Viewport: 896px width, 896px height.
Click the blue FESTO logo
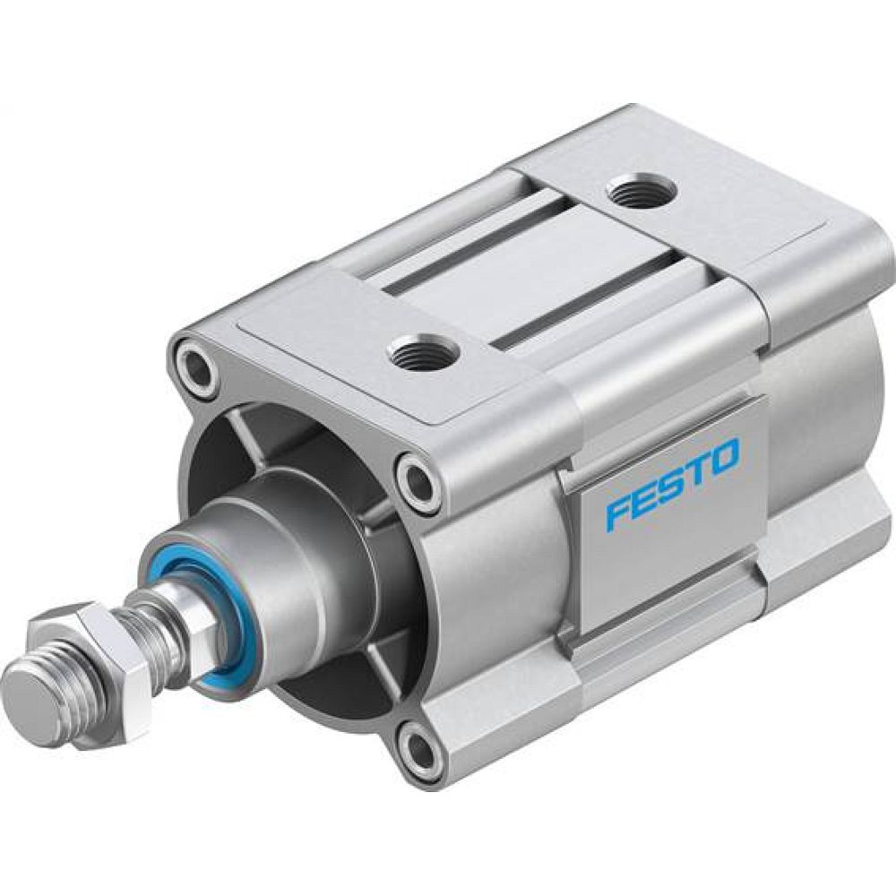(672, 484)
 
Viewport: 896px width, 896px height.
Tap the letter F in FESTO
(616, 510)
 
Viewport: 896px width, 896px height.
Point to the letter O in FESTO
(723, 456)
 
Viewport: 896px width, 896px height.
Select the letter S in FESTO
(671, 484)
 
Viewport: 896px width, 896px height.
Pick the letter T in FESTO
(696, 470)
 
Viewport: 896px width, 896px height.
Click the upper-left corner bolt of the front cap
(195, 365)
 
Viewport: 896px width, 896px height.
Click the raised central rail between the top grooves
(529, 269)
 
